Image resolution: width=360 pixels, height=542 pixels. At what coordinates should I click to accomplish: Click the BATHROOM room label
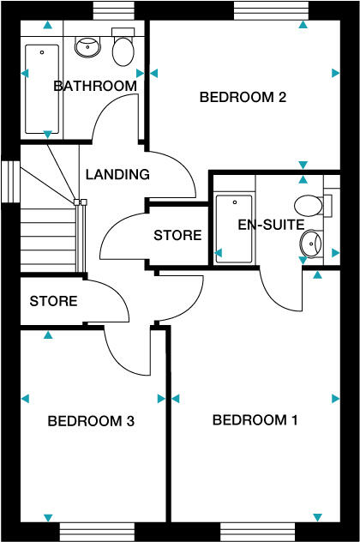coord(95,86)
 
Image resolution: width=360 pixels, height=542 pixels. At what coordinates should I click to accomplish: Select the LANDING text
coord(117,174)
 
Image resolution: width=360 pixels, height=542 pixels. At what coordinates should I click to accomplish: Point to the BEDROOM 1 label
coord(255,420)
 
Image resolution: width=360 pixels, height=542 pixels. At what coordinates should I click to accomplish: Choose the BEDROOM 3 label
coord(91,421)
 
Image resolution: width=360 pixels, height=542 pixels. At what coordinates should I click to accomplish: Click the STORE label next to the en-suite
coord(177,235)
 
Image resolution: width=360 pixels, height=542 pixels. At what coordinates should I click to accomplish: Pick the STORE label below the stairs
coord(53,301)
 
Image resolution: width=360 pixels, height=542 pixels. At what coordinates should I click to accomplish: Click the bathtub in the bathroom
coord(41,89)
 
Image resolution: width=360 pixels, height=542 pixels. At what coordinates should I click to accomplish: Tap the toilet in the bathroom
coord(123,52)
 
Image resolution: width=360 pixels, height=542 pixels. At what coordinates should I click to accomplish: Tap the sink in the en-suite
coord(309,245)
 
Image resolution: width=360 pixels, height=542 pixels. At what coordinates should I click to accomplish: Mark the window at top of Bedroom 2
coord(268,10)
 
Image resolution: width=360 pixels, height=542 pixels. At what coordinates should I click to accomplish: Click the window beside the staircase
coord(9,182)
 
